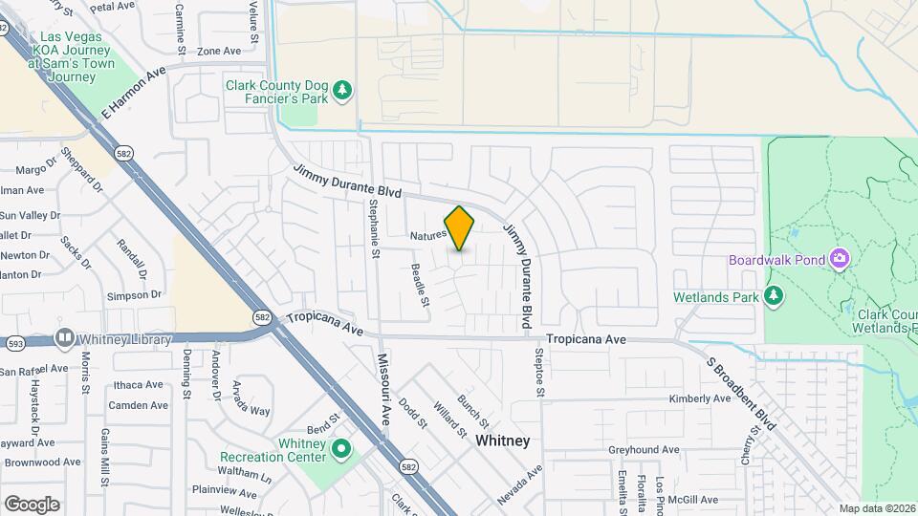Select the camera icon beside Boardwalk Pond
click(x=840, y=259)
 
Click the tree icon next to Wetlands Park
click(x=775, y=296)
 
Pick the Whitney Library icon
click(x=65, y=338)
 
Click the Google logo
click(x=32, y=504)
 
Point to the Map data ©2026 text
click(x=877, y=508)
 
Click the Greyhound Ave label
click(x=643, y=449)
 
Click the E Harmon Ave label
click(x=133, y=92)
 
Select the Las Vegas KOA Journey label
click(x=71, y=56)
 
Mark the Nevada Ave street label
click(x=520, y=485)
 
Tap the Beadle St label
click(x=419, y=285)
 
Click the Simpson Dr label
click(x=128, y=295)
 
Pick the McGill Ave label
click(x=693, y=499)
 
